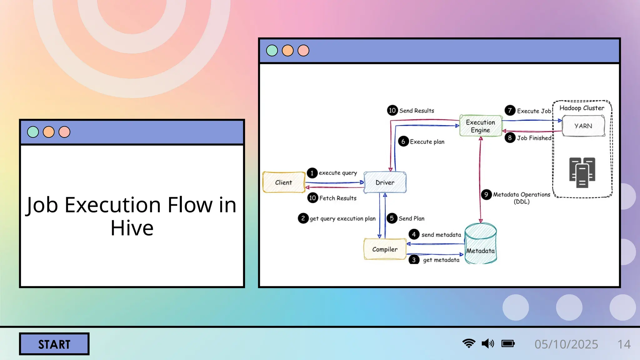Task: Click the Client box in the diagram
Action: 283,182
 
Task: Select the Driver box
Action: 385,182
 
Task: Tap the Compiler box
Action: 385,249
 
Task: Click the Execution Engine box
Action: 480,126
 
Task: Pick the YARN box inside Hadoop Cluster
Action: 583,126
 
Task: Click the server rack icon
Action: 582,172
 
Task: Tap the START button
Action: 54,344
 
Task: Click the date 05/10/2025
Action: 566,344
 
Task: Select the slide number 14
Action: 624,344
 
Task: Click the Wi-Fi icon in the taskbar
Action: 469,343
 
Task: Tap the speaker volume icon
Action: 488,344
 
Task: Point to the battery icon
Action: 508,344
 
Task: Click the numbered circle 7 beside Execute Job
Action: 510,110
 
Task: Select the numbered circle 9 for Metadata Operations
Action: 486,195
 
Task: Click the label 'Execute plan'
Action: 427,142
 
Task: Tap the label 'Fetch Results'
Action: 338,198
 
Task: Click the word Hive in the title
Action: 132,228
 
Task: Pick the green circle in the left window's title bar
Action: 33,132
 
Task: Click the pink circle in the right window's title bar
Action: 303,51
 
